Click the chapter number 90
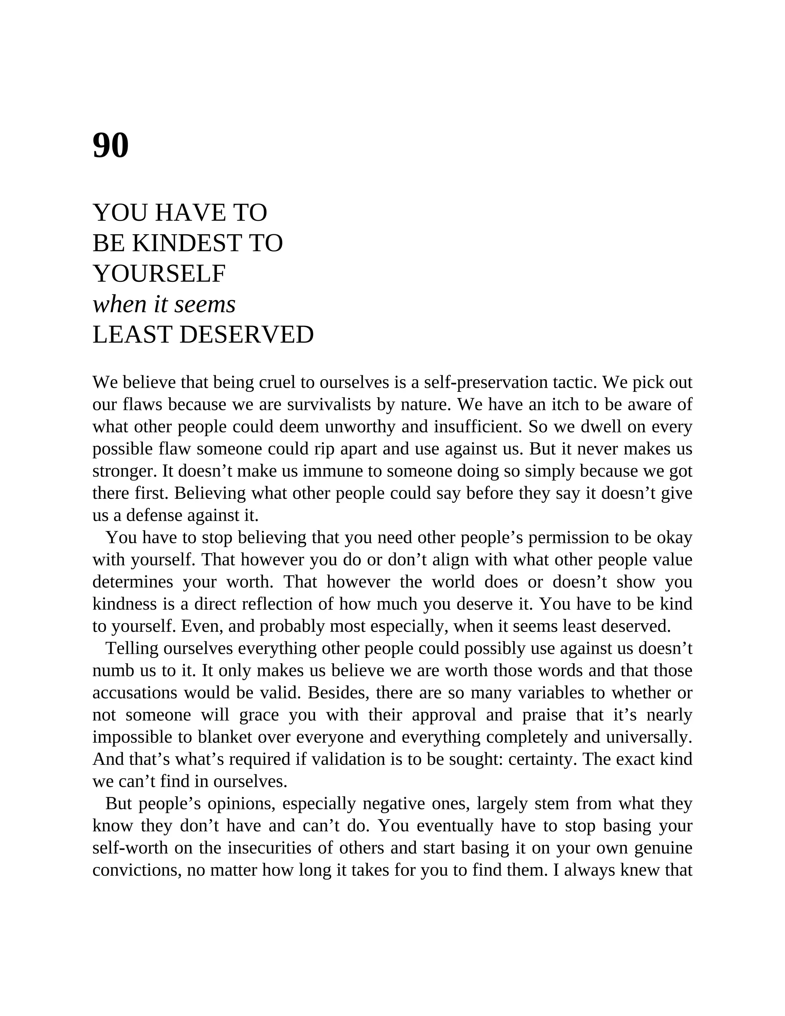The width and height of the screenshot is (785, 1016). [x=111, y=146]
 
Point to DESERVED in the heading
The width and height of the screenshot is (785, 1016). [x=246, y=335]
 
